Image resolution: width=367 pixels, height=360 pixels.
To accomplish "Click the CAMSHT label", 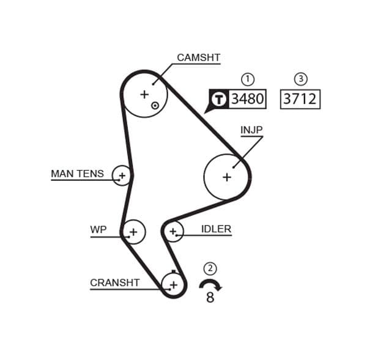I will coord(198,58).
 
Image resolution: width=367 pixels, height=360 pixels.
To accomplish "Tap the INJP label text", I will coord(251,130).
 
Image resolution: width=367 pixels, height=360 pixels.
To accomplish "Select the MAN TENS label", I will coord(77,174).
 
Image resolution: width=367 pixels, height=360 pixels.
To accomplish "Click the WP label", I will coord(98,230).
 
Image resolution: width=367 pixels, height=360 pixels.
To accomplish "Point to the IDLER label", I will coord(216,230).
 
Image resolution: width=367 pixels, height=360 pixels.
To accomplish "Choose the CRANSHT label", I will coord(114,283).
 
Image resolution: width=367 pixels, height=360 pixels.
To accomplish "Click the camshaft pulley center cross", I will coord(144,94).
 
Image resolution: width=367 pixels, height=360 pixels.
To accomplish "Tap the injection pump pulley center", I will coord(226,177).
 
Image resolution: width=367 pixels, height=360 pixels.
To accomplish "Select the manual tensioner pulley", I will coord(122,176).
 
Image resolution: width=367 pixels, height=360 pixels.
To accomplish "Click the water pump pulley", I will coord(133,232).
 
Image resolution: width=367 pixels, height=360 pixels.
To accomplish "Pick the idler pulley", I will coord(173,231).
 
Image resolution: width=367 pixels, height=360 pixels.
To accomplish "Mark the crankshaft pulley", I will coord(174,284).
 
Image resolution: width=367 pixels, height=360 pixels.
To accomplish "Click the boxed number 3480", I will coord(247,99).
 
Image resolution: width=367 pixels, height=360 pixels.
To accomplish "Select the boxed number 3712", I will coord(300,99).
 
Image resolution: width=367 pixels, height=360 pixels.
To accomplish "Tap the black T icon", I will coord(218,99).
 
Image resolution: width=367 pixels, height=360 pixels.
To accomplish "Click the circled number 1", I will coord(247,79).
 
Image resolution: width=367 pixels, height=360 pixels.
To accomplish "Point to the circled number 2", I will coord(210,268).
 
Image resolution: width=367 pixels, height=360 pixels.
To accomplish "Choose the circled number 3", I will coord(300,79).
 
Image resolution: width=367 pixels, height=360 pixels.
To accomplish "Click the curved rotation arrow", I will coord(210,284).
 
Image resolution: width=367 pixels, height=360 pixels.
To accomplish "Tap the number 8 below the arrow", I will coord(210,299).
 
